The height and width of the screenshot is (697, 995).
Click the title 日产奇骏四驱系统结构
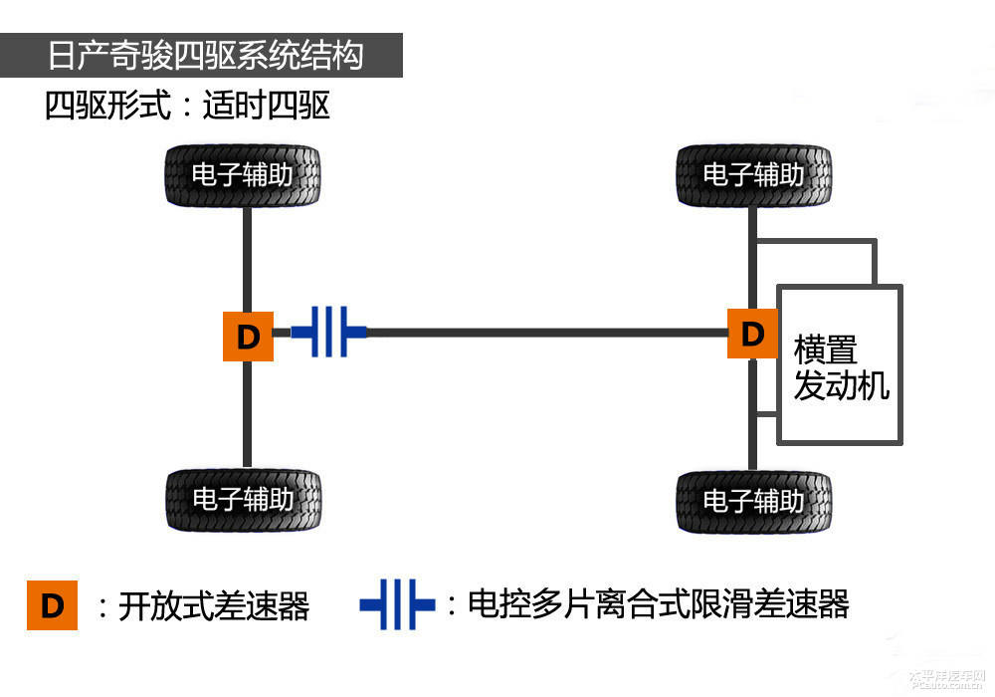tap(205, 55)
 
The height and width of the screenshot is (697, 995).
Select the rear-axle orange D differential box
tap(248, 337)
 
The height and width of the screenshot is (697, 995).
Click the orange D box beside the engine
tap(752, 333)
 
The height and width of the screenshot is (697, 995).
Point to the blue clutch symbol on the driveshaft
tap(328, 332)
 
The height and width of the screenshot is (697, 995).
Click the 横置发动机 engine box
tap(840, 365)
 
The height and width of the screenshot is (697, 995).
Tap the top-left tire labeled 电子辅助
tap(243, 175)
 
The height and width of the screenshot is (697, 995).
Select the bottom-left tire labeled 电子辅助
tap(243, 499)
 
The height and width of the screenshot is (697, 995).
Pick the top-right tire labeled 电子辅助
tap(753, 175)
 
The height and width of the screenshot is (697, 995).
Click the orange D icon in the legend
tap(52, 604)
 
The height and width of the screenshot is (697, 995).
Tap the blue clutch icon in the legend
tap(397, 604)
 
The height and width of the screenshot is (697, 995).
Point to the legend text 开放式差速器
tap(214, 605)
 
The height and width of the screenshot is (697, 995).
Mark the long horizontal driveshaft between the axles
tap(547, 332)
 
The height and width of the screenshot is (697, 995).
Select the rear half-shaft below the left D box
tap(248, 413)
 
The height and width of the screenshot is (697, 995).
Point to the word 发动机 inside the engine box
tap(841, 385)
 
